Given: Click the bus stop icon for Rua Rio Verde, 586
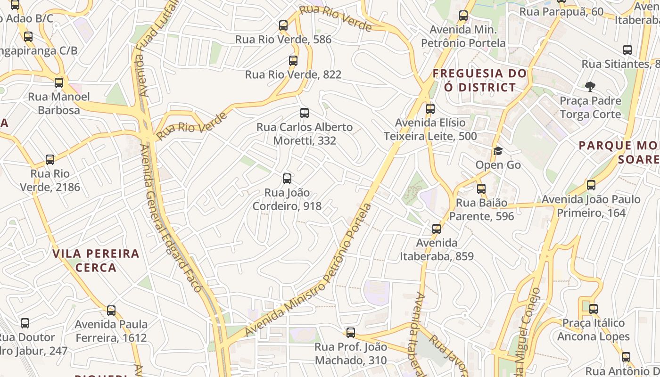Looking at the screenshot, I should (283, 25).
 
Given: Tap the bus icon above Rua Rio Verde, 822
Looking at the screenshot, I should (293, 61).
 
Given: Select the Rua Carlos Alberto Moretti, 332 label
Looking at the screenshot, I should (305, 134).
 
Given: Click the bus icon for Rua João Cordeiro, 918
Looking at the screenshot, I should (287, 179).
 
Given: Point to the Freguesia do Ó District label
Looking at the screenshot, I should (480, 80).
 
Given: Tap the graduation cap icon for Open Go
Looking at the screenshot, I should (498, 151).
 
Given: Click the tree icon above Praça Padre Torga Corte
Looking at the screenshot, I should (590, 87).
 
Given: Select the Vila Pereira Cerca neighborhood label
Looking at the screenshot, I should (96, 261).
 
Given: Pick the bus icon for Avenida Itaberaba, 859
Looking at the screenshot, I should (437, 229).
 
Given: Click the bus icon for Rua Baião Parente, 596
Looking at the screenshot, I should (481, 189).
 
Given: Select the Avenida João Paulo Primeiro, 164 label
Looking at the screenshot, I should (591, 206).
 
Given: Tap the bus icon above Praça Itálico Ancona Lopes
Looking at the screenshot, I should (593, 309).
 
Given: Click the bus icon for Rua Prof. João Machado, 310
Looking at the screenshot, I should (351, 333).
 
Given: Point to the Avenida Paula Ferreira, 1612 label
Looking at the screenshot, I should (111, 331).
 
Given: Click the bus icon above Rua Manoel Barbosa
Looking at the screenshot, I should (59, 83).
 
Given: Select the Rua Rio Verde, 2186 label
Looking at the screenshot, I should (50, 180).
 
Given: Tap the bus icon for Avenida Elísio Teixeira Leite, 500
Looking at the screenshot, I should (430, 109).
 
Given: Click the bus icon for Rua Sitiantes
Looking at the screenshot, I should (627, 50).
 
